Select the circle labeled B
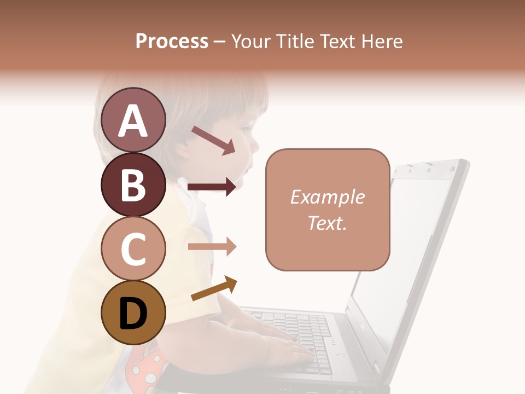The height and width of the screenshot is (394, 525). (133, 184)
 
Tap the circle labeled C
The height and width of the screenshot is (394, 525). (133, 248)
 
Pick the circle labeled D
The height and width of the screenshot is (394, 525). (133, 313)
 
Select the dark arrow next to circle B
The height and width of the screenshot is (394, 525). (212, 187)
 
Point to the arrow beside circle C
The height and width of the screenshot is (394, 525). (212, 246)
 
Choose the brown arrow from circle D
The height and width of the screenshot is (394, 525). (214, 289)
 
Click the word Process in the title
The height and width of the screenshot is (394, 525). (172, 41)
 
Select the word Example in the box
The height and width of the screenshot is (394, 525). (327, 197)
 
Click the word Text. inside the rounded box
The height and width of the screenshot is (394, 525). (327, 223)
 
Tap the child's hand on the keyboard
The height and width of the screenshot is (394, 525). (284, 350)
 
